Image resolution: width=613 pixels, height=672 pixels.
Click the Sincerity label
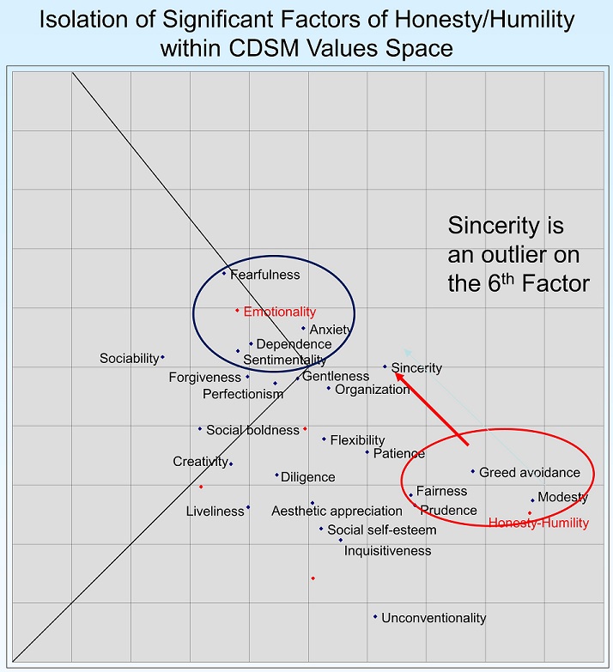click(416, 368)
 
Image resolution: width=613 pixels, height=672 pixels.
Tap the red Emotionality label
click(279, 312)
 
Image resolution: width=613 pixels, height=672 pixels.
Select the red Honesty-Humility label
click(538, 523)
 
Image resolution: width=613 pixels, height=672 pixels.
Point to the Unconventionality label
click(434, 618)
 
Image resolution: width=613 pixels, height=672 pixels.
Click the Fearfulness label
click(265, 275)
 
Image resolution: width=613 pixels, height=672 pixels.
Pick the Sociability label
click(129, 358)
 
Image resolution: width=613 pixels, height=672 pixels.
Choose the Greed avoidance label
click(530, 472)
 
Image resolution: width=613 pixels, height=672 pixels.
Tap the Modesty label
click(562, 497)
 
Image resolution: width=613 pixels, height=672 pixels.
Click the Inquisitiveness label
click(387, 550)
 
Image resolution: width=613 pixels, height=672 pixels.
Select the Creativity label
click(200, 462)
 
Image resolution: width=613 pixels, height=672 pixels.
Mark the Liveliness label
click(215, 512)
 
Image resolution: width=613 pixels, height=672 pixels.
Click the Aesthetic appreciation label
click(325, 512)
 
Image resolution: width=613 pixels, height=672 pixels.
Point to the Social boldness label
click(252, 430)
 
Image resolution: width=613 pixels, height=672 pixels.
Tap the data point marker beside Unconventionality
click(375, 616)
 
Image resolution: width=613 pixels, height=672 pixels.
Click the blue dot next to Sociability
click(162, 357)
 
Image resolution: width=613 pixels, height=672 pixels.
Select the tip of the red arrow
click(395, 372)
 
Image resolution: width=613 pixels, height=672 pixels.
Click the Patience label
click(399, 453)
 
